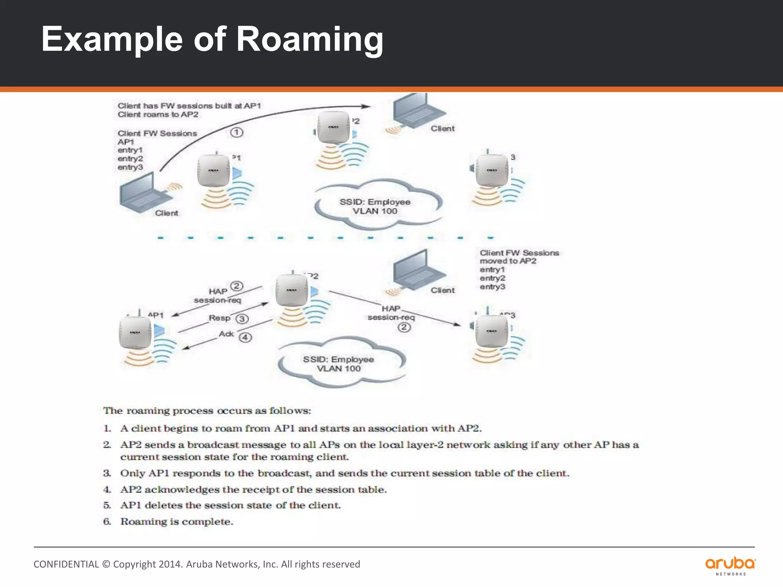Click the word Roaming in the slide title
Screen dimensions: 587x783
tap(310, 40)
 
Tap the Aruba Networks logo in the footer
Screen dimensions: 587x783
tap(730, 565)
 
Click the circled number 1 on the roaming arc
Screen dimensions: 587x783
tap(237, 133)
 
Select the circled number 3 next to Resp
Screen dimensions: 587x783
tap(242, 319)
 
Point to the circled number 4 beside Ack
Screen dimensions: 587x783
tap(245, 337)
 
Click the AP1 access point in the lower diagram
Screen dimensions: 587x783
tap(135, 333)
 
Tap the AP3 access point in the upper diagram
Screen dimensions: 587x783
tap(492, 170)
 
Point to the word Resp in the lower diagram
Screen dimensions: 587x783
tap(219, 318)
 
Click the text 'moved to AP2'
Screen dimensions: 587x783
tap(508, 261)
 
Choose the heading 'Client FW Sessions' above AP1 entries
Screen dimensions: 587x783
tap(157, 133)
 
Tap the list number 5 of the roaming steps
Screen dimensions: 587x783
tap(107, 505)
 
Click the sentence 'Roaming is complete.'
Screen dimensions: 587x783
tap(177, 522)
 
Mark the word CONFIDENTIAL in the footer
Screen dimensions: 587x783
tap(66, 564)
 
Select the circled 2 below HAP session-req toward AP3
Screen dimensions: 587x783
tap(404, 328)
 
